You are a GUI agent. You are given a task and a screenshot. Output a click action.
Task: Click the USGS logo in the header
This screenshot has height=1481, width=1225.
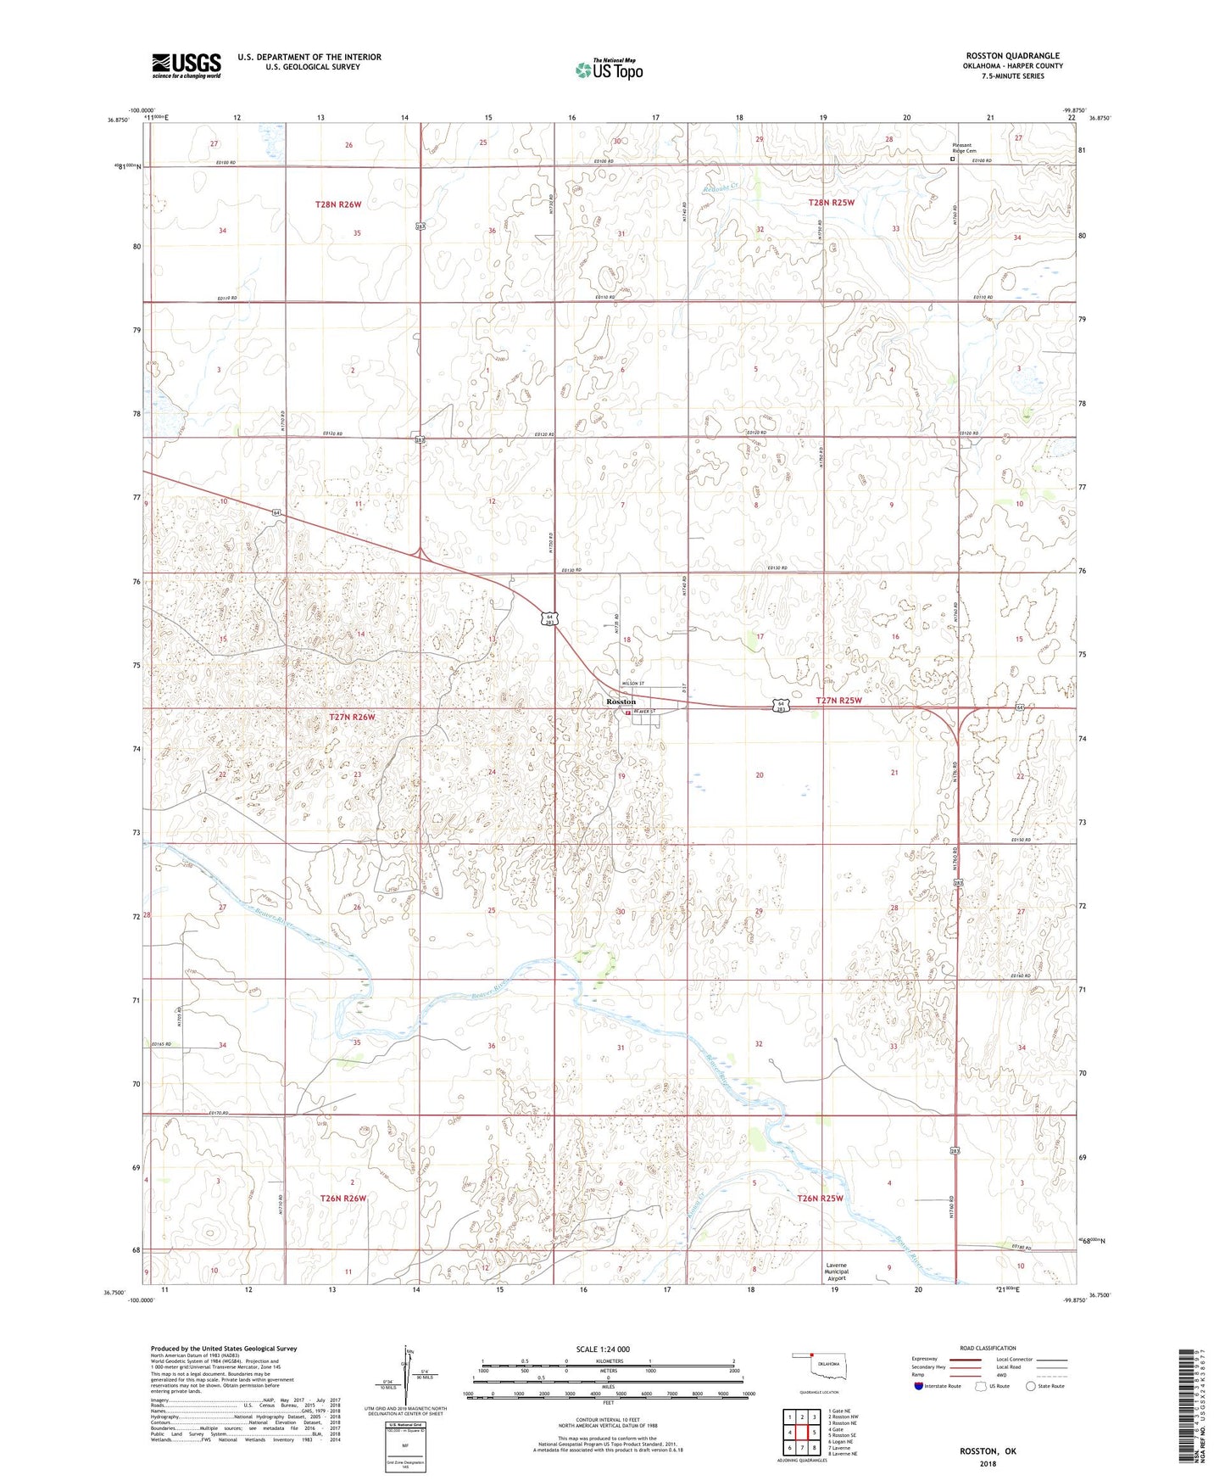point(187,65)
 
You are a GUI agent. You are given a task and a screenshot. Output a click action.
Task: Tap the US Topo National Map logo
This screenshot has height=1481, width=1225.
point(609,70)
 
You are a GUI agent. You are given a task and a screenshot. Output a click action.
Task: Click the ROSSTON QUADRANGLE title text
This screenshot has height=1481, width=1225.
point(1012,56)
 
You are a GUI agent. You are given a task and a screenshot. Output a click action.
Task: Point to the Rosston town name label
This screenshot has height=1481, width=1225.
point(621,702)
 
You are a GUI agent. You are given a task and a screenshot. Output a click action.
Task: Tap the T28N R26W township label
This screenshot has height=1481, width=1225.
point(338,204)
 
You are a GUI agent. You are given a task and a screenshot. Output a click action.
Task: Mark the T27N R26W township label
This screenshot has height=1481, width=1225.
point(352,717)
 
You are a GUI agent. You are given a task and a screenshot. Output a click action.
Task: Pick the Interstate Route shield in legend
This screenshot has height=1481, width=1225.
point(919,1386)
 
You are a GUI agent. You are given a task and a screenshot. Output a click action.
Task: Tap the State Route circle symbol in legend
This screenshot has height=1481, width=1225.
point(1031,1386)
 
